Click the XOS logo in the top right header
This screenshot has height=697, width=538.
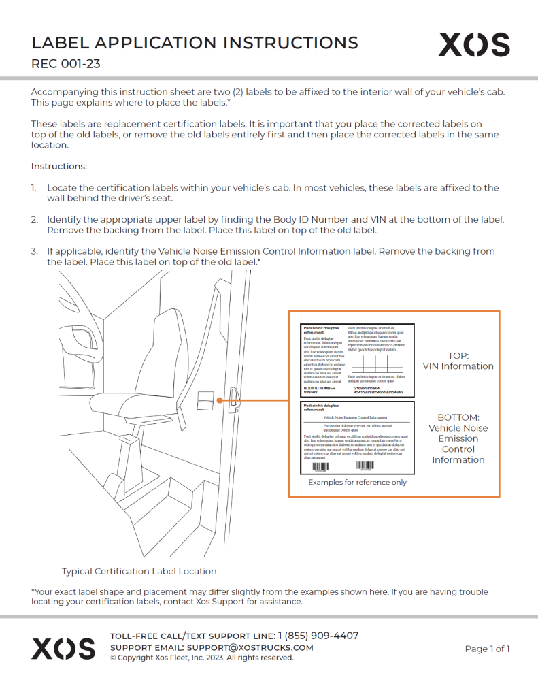pyautogui.click(x=473, y=45)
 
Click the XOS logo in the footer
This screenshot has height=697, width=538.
pyautogui.click(x=63, y=648)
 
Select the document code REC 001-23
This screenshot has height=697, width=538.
pyautogui.click(x=65, y=65)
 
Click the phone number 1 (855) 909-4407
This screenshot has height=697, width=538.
pyautogui.click(x=318, y=636)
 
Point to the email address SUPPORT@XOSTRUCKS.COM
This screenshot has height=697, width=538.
pyautogui.click(x=250, y=647)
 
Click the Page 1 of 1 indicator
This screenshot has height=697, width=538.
pyautogui.click(x=487, y=649)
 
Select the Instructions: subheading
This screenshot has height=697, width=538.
pyautogui.click(x=58, y=166)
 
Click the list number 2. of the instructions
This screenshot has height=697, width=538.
pyautogui.click(x=34, y=219)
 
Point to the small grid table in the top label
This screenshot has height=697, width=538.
pyautogui.click(x=375, y=363)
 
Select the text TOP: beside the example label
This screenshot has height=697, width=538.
pyautogui.click(x=458, y=355)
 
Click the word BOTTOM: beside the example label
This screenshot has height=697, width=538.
pyautogui.click(x=458, y=417)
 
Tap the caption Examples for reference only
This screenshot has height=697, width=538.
pyautogui.click(x=357, y=482)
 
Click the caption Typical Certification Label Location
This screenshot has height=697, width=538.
pyautogui.click(x=139, y=571)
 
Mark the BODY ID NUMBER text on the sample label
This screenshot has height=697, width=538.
pyautogui.click(x=320, y=388)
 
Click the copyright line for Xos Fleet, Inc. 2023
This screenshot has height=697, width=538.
pyautogui.click(x=201, y=658)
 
